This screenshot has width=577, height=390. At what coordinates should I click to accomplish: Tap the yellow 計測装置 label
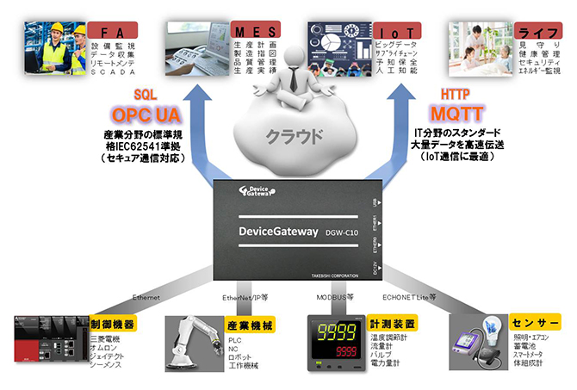coord(392,324)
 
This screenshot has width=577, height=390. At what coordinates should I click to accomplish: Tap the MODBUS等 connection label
coord(333,298)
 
